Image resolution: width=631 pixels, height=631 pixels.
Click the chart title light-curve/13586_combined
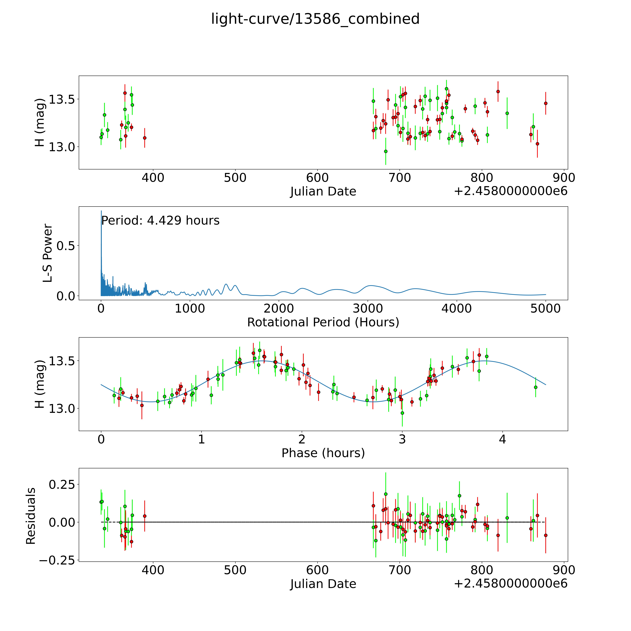(315, 19)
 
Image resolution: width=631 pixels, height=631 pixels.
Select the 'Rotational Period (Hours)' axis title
(323, 322)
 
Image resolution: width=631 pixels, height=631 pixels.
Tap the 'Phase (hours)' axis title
(323, 453)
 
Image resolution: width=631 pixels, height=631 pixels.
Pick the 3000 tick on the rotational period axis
(368, 309)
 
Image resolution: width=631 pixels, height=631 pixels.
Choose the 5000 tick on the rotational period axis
(545, 309)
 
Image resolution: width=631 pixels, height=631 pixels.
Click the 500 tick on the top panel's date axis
(235, 178)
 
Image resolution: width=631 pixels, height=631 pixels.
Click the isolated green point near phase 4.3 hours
(536, 387)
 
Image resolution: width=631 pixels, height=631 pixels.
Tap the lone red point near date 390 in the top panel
(145, 138)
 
